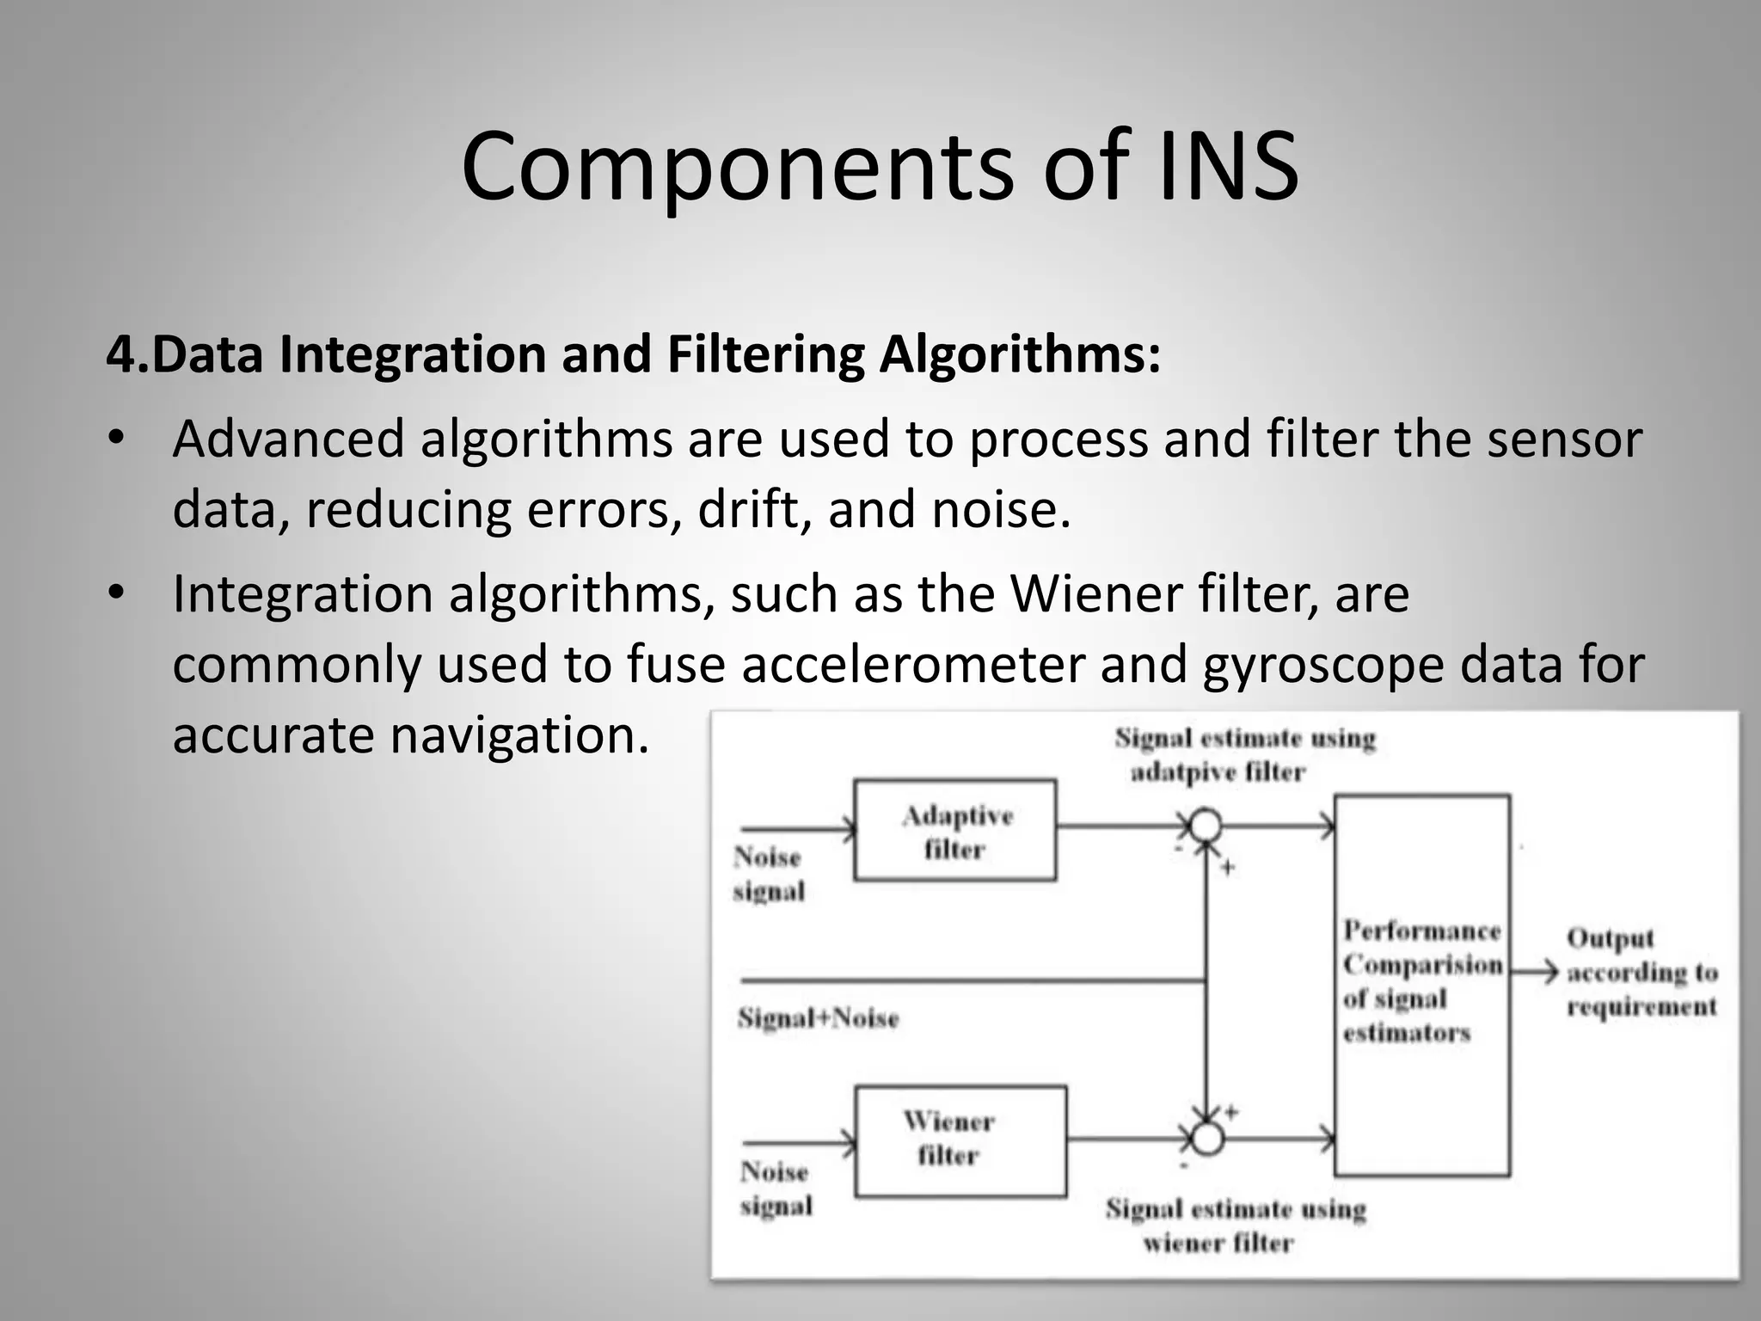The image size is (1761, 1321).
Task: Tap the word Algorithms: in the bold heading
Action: (x=1020, y=354)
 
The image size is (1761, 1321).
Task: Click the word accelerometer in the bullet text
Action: (x=912, y=664)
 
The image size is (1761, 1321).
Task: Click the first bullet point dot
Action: (x=117, y=439)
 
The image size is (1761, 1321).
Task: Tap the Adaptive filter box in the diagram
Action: (x=954, y=830)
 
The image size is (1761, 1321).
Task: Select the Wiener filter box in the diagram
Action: (x=960, y=1140)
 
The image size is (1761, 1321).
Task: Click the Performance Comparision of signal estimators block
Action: (x=1421, y=985)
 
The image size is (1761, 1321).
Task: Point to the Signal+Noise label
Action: (x=818, y=1018)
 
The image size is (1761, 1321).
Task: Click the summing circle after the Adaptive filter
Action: (x=1206, y=826)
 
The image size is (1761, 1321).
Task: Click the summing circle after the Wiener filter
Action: (x=1207, y=1139)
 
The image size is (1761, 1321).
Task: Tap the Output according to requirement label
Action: (x=1641, y=972)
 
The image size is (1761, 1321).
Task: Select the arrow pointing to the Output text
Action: (x=1536, y=973)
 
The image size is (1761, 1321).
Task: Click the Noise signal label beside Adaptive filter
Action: (x=768, y=874)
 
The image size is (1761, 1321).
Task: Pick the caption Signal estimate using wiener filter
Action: (x=1235, y=1226)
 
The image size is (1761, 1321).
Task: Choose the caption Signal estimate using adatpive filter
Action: (x=1244, y=754)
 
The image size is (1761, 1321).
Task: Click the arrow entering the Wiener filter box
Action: (x=800, y=1143)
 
